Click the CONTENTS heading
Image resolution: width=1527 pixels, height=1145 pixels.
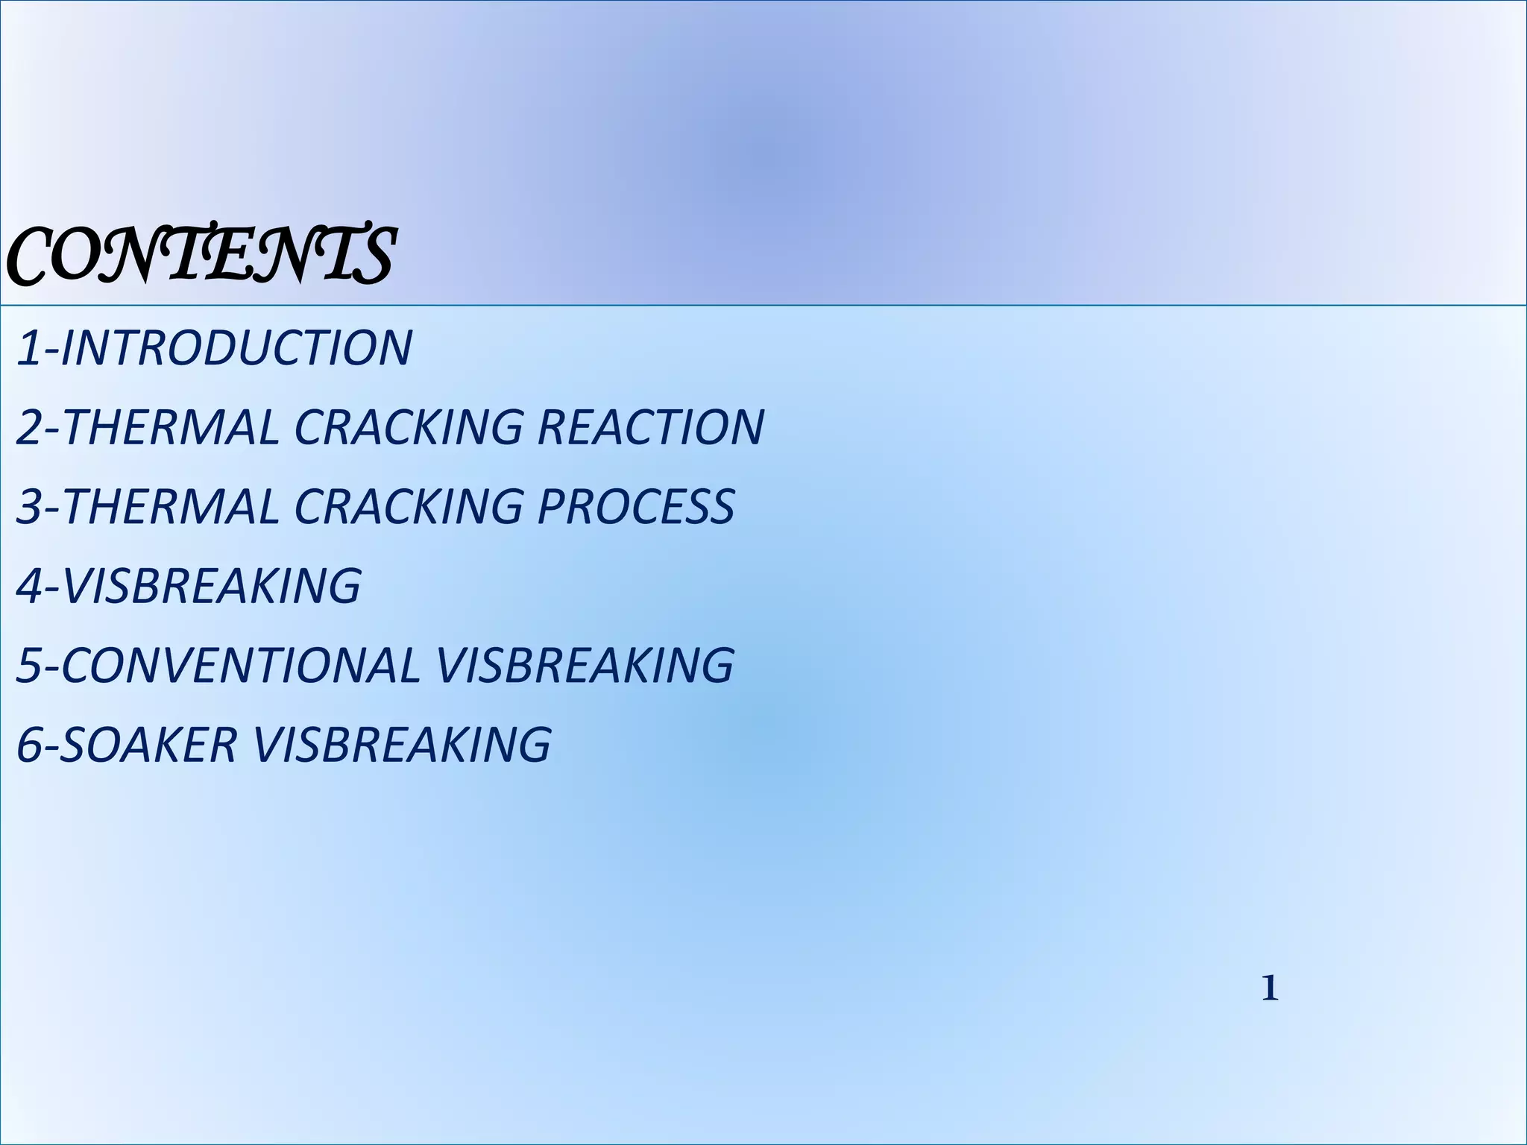coord(200,255)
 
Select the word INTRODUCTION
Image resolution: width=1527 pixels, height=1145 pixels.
coord(236,348)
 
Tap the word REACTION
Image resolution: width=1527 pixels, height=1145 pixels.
coord(650,427)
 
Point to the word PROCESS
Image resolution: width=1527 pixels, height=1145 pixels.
coord(636,506)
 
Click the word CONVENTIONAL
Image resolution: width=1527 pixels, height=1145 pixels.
coord(241,665)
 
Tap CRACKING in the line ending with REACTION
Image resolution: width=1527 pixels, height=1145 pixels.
coord(409,427)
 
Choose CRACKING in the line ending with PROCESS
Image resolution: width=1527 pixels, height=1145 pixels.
coord(409,506)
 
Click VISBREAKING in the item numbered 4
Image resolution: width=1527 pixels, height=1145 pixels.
coord(211,586)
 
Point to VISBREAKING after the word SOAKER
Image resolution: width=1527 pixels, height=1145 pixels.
coord(402,744)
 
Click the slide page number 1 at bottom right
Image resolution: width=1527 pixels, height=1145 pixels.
coord(1269,989)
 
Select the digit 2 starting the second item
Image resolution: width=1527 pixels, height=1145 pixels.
coord(28,427)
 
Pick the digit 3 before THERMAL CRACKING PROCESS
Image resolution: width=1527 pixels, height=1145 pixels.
coord(28,506)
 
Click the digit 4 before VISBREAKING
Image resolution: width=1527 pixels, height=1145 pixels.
coord(28,586)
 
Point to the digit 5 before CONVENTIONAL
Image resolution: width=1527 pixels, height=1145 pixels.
coord(28,665)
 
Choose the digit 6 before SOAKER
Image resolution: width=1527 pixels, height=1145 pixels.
coord(28,744)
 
